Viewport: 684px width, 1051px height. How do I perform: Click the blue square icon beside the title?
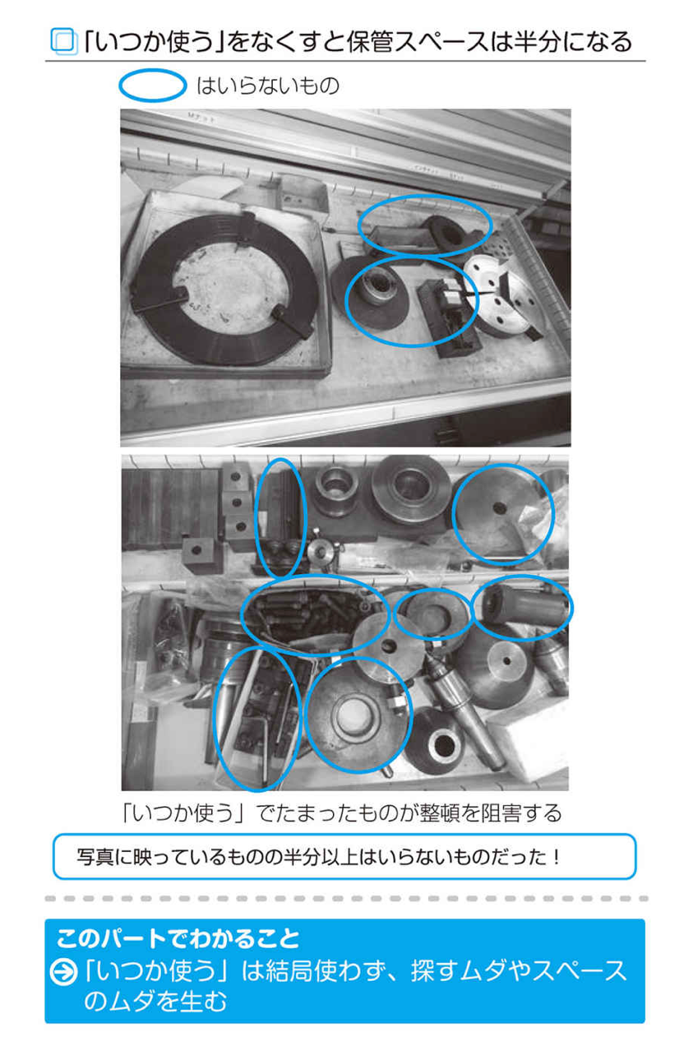coord(64,41)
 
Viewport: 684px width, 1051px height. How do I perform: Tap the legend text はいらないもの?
coord(267,86)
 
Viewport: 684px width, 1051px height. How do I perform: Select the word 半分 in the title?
coord(538,42)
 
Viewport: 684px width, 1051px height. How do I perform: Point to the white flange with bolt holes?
coord(507,295)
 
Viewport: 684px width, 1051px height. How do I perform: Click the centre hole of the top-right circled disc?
coord(500,507)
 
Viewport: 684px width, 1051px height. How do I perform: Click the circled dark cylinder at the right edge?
coord(523,607)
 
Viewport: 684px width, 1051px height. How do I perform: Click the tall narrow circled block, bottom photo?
coord(281,516)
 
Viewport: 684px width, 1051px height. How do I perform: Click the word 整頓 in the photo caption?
coord(436,813)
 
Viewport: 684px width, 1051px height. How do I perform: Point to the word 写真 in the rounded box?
coord(95,857)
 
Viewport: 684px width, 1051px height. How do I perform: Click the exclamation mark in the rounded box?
coord(557,857)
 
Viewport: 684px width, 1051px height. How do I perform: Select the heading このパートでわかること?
coord(178,938)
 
